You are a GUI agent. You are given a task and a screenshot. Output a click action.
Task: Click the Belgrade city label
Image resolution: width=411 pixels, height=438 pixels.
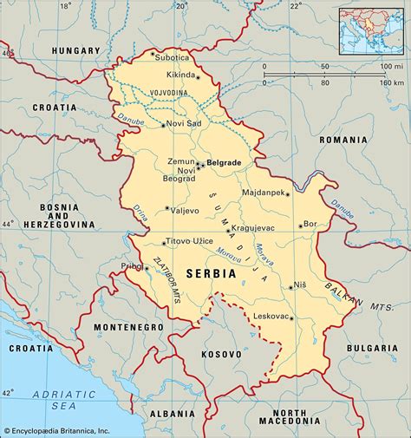click(223, 162)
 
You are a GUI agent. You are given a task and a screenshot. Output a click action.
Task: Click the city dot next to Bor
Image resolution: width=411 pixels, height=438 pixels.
click(301, 225)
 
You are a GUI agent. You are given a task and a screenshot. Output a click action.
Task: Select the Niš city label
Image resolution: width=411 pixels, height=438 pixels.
click(299, 284)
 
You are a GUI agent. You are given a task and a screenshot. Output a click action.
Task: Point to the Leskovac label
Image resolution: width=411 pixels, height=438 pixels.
click(270, 317)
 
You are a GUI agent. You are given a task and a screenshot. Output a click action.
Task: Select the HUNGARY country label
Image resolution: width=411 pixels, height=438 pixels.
click(76, 51)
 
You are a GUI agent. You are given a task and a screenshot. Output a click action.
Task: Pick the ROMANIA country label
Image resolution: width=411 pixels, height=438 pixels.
click(342, 139)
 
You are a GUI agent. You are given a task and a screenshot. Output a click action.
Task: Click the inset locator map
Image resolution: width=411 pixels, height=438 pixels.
click(373, 30)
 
